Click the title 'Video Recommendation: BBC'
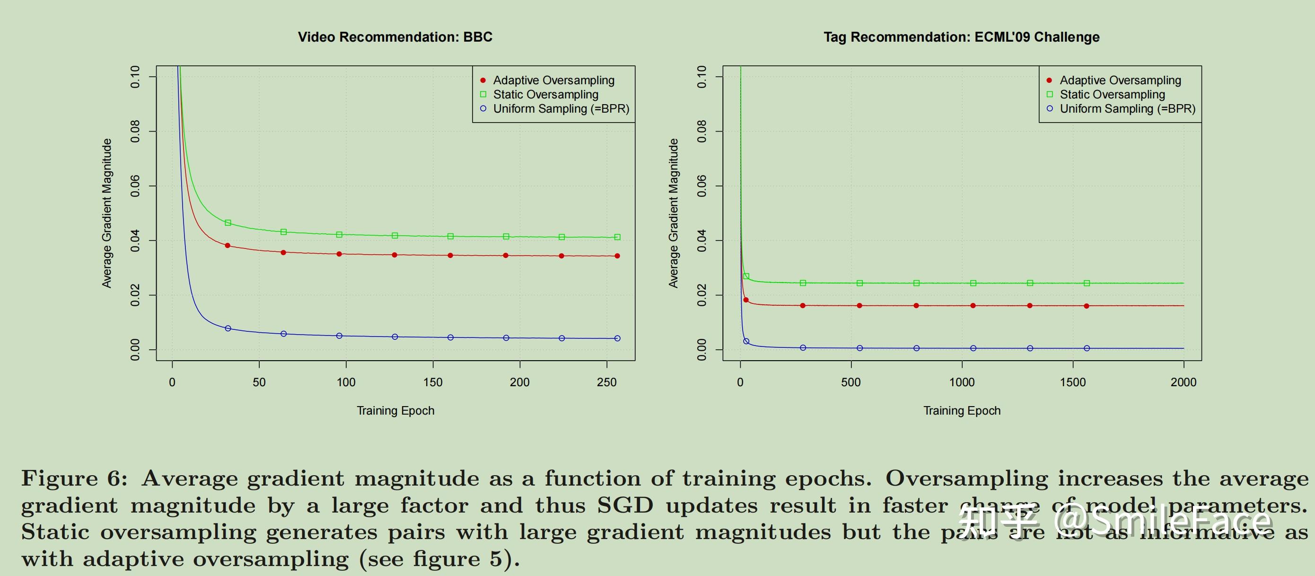(395, 37)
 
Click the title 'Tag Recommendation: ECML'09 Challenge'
(961, 37)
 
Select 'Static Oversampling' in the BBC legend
(545, 95)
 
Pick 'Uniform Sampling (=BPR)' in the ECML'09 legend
(1127, 109)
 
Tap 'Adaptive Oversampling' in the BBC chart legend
(553, 80)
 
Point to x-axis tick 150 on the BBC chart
(433, 382)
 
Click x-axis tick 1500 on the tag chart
(1072, 382)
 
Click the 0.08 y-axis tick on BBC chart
(135, 131)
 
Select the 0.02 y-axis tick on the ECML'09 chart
(702, 295)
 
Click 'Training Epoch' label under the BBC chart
(395, 410)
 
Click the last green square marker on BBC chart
(617, 237)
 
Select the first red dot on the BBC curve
(228, 246)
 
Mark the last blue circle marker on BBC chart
(617, 338)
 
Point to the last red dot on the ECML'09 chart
(1087, 306)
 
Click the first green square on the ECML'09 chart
(746, 276)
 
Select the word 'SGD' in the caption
(625, 505)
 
